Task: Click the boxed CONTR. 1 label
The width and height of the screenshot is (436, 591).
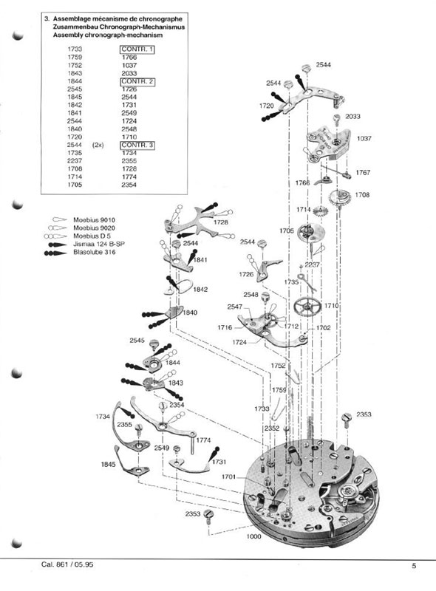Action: pyautogui.click(x=137, y=49)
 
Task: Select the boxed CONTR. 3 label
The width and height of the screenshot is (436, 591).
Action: pyautogui.click(x=137, y=145)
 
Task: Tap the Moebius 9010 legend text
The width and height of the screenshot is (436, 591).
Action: pyautogui.click(x=95, y=220)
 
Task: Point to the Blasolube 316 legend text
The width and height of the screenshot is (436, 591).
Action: pyautogui.click(x=95, y=252)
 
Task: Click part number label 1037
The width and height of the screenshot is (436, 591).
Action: pyautogui.click(x=364, y=139)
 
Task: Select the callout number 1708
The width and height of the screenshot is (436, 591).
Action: pyautogui.click(x=362, y=195)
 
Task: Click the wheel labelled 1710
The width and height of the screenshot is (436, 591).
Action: pyautogui.click(x=307, y=307)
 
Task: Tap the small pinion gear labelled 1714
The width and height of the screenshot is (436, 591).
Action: pyautogui.click(x=320, y=211)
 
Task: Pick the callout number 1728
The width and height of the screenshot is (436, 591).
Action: pyautogui.click(x=221, y=222)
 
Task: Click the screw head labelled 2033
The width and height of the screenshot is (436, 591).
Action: pyautogui.click(x=337, y=117)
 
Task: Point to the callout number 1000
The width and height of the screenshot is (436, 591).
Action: pyautogui.click(x=253, y=536)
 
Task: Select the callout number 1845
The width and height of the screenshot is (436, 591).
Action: pyautogui.click(x=108, y=465)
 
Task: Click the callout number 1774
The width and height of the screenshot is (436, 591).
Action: pyautogui.click(x=203, y=440)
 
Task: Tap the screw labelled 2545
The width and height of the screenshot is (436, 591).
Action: pyautogui.click(x=154, y=344)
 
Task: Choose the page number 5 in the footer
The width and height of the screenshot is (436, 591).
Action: pyautogui.click(x=414, y=566)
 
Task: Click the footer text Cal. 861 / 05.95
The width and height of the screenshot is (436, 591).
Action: pyautogui.click(x=67, y=564)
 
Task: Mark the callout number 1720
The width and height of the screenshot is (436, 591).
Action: pyautogui.click(x=266, y=106)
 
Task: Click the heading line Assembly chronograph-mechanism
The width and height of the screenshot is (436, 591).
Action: pyautogui.click(x=108, y=35)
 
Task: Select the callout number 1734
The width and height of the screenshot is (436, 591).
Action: pyautogui.click(x=103, y=417)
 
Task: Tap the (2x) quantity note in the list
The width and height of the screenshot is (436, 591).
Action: pyautogui.click(x=98, y=145)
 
